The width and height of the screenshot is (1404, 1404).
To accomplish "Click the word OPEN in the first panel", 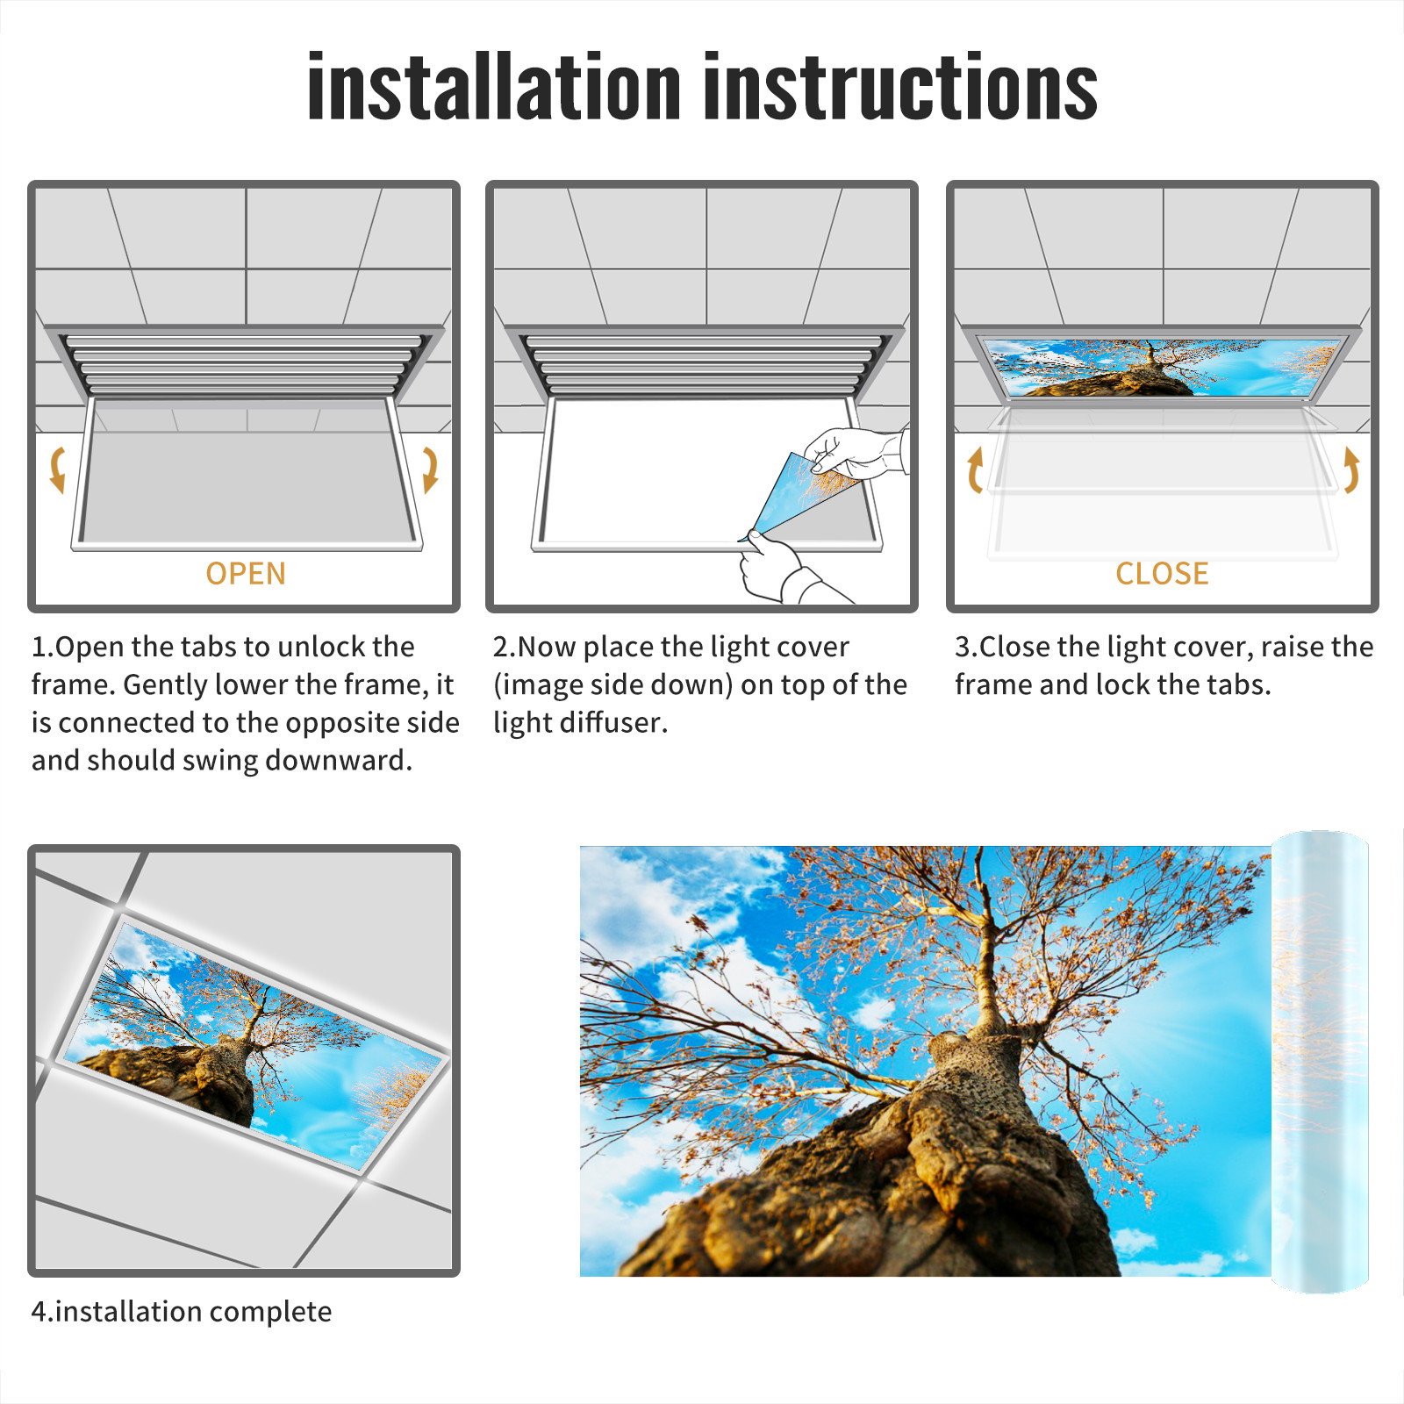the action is click(246, 574).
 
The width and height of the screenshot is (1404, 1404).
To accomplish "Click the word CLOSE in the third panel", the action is click(1162, 574).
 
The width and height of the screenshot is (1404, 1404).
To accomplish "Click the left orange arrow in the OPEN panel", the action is click(57, 469).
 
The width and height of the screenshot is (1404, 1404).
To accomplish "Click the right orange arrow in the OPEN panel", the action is click(430, 469).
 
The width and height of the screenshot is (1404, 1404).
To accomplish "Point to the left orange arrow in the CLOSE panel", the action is click(975, 469).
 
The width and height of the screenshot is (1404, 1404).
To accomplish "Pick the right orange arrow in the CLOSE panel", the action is click(1351, 469).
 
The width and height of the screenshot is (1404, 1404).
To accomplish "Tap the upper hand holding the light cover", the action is click(856, 452).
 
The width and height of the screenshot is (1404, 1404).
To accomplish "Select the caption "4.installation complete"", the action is click(182, 1311).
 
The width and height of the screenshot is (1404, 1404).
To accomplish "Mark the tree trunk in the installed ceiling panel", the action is click(224, 1075).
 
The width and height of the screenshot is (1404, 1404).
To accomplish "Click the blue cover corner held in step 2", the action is click(794, 496).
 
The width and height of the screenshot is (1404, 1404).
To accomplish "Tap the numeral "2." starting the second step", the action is click(505, 647).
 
